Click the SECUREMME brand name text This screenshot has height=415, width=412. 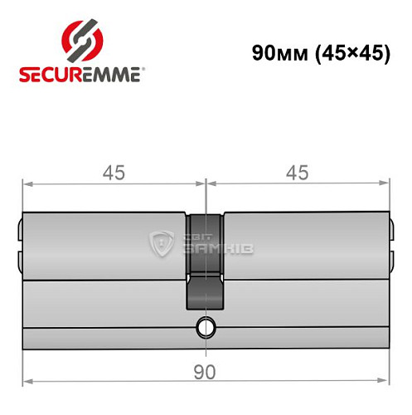(x=80, y=74)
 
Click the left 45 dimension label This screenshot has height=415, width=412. (x=113, y=173)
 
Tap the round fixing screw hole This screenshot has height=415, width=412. (x=205, y=328)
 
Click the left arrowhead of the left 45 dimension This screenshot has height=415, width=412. (x=26, y=182)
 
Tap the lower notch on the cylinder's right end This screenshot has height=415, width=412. (x=391, y=260)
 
